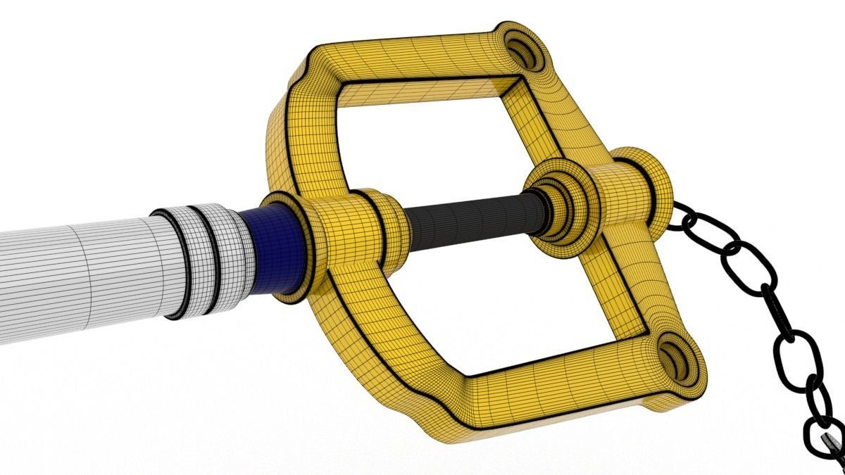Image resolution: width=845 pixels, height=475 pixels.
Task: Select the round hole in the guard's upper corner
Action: coord(525,51)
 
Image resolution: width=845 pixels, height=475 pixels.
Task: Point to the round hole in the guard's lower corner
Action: coord(677,361)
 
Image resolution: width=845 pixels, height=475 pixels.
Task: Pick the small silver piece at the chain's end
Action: coord(831,443)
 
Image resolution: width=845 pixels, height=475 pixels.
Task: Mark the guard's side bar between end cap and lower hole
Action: coord(651,281)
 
